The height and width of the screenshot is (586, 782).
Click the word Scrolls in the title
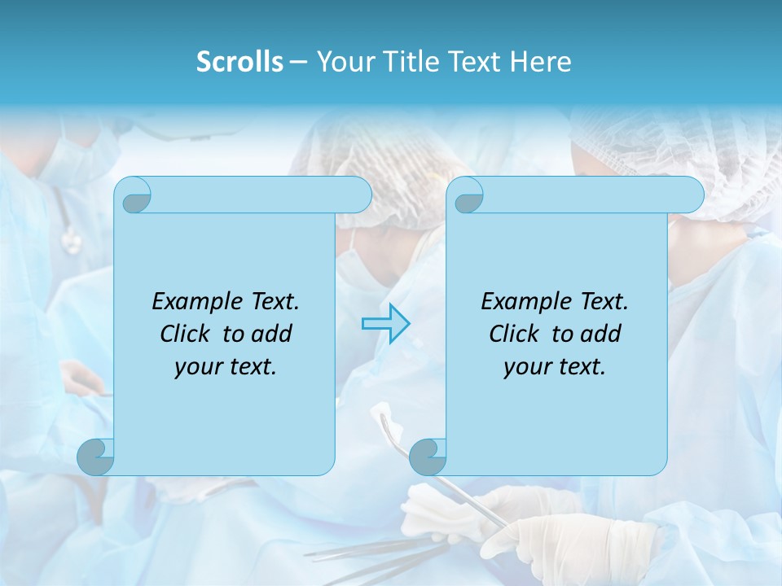pos(240,62)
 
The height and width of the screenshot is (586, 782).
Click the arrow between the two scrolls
pos(385,324)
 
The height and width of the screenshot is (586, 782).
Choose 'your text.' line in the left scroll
pos(226,366)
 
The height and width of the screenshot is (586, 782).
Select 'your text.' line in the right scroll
pos(555,366)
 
